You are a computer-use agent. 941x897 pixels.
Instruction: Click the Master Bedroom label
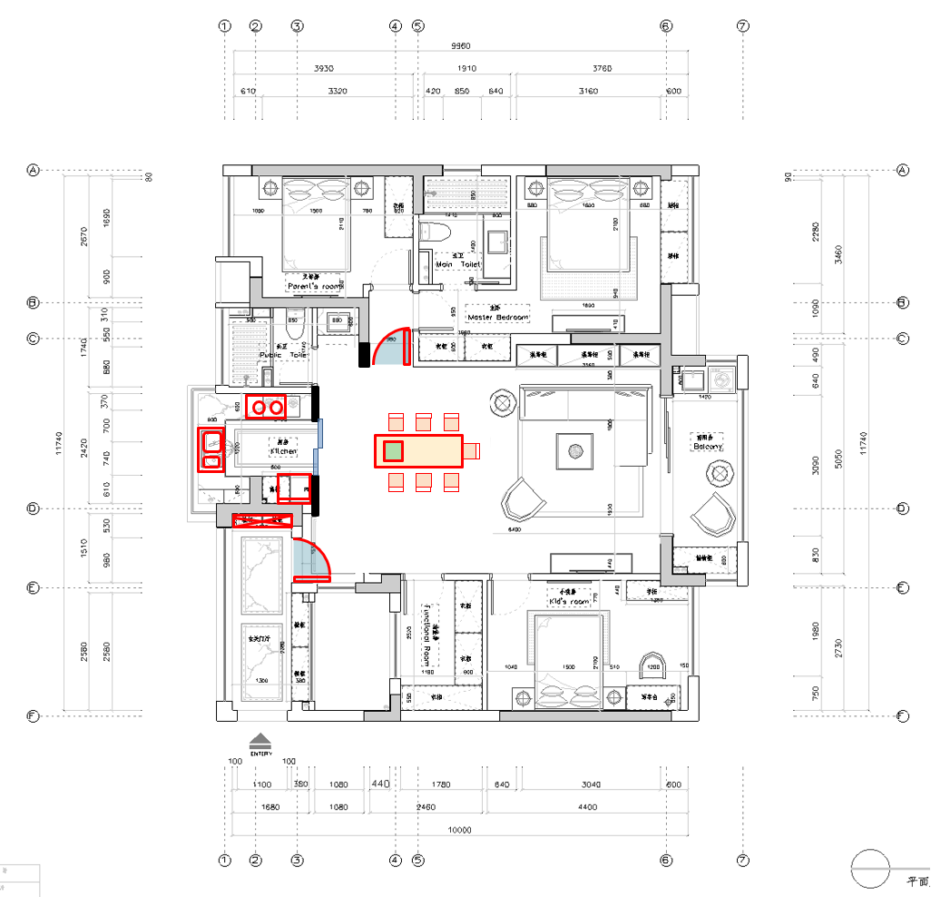coord(497,317)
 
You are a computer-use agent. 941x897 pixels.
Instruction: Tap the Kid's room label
coord(569,601)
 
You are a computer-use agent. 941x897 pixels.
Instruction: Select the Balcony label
coord(707,447)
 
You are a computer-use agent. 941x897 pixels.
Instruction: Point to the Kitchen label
coord(282,450)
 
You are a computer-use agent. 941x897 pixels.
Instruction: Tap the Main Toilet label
coord(456,264)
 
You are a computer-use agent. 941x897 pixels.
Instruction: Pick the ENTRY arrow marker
coord(260,740)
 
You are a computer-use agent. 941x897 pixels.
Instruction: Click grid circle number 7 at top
coord(743,26)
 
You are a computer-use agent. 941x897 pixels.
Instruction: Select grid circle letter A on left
coord(34,170)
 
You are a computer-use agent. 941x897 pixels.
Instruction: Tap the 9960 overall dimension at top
coord(461,46)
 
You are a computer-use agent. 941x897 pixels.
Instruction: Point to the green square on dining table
coord(393,450)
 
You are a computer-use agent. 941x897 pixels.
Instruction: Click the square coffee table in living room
coord(574,450)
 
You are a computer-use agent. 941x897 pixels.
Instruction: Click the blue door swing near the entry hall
coord(309,561)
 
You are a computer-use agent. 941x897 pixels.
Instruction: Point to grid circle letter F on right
coord(903,715)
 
